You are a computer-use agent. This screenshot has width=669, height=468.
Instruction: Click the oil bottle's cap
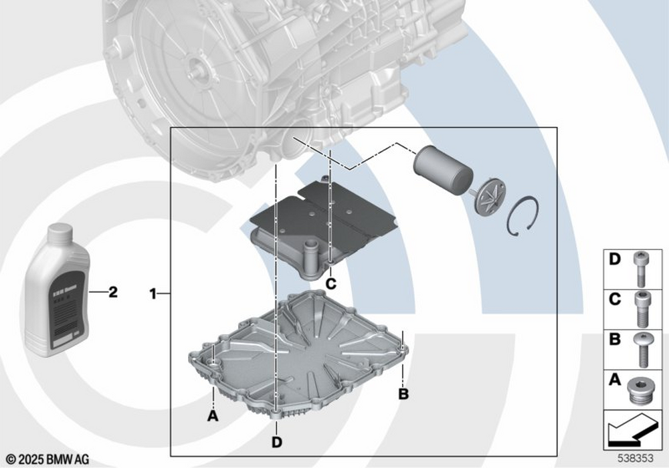pyautogui.click(x=58, y=232)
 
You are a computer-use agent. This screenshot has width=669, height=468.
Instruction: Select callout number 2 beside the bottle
pyautogui.click(x=113, y=292)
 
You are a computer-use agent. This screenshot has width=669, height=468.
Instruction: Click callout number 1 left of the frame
pyautogui.click(x=153, y=293)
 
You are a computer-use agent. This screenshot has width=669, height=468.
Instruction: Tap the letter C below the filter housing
pyautogui.click(x=330, y=283)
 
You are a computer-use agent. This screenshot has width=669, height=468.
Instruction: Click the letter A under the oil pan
pyautogui.click(x=213, y=415)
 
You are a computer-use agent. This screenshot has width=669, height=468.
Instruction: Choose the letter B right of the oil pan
pyautogui.click(x=403, y=394)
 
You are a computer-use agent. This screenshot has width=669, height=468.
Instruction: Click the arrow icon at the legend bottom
pyautogui.click(x=632, y=432)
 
